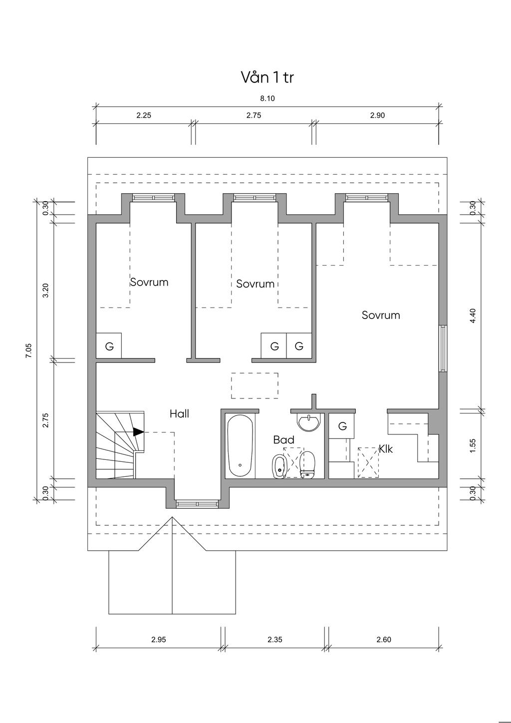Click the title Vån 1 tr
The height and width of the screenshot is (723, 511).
(267, 77)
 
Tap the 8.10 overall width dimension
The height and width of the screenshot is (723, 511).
(267, 98)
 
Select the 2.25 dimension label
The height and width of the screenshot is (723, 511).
(144, 115)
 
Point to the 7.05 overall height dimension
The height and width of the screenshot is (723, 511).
(29, 350)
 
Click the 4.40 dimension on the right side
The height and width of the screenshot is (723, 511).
(473, 316)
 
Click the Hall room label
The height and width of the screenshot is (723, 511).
(179, 414)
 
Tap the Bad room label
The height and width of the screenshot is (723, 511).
(283, 439)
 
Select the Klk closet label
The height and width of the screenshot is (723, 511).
(386, 449)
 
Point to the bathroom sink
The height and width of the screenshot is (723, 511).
(309, 422)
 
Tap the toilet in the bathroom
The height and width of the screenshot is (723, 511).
(307, 464)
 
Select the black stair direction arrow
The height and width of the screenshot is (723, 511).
(138, 432)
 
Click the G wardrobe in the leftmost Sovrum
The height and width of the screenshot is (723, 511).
(109, 346)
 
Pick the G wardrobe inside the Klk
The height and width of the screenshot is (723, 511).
(342, 426)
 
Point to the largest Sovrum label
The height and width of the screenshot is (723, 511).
(381, 315)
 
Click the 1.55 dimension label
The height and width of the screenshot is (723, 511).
(473, 445)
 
